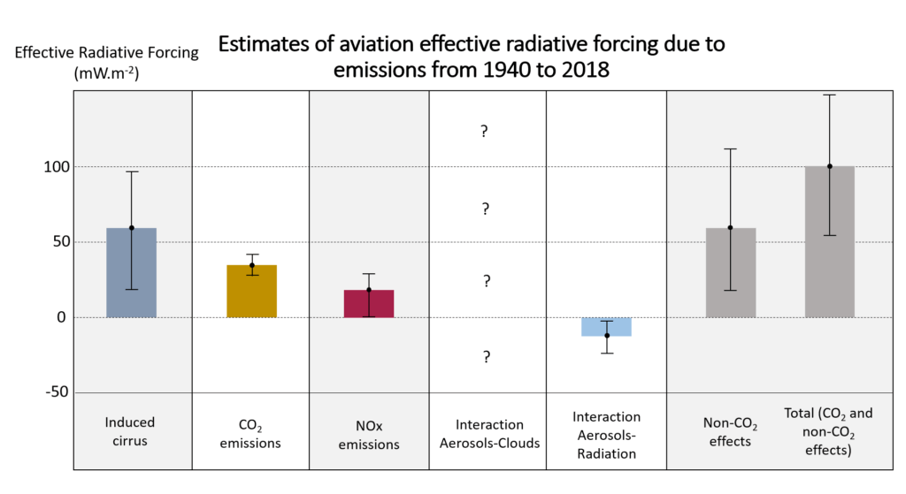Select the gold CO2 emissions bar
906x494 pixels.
coord(252,292)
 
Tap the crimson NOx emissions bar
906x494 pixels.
coord(369,303)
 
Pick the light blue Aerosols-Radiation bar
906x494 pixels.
coord(606,326)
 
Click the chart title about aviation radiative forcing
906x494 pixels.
coord(472,57)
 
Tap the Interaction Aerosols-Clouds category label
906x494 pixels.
coord(489,434)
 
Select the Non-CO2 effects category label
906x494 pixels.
coord(731,432)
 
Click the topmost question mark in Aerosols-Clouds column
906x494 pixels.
coord(485,132)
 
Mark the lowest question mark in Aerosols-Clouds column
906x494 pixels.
coord(486,357)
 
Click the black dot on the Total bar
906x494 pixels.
coord(830,166)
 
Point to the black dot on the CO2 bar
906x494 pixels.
coord(252,265)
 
